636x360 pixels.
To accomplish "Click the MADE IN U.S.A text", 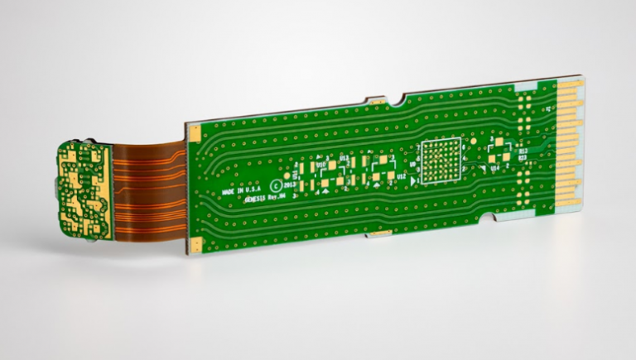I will point(240,191).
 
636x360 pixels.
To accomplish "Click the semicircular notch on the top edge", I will point(399,103).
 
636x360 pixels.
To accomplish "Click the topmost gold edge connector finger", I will point(570,87).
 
